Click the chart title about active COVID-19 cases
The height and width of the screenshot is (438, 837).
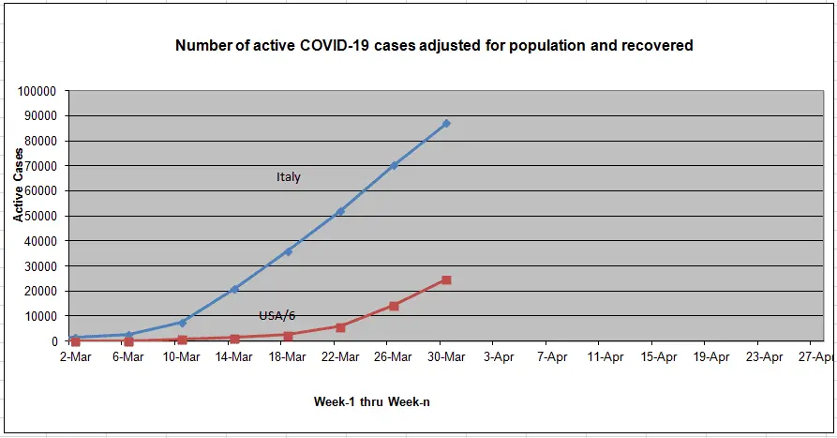coord(434,45)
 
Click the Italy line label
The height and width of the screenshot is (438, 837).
coord(289,177)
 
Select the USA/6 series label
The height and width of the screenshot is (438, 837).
coord(277,316)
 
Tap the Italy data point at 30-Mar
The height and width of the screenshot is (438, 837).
coord(446,124)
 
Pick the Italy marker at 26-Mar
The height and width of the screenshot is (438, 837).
coord(394,166)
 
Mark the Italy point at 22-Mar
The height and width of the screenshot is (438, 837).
coord(340,212)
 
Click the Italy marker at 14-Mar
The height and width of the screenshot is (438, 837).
coord(234,289)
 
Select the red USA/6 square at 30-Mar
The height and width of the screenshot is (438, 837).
coord(446,279)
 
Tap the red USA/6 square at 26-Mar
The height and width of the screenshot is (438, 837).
coord(394,306)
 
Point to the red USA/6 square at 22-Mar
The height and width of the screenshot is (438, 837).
coord(340,327)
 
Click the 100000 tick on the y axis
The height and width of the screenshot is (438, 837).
coord(37,91)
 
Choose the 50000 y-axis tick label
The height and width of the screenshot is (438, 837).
coord(40,217)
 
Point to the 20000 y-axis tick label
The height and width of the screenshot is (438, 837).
coord(40,291)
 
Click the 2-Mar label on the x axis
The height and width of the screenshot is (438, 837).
coord(75,356)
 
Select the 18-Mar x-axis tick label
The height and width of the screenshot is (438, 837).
coord(287,356)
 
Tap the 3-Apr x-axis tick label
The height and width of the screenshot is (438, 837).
coord(499,356)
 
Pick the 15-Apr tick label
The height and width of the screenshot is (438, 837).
coord(658,356)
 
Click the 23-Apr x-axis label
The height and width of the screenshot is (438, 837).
coord(765,356)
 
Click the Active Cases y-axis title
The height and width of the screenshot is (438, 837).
coord(18,185)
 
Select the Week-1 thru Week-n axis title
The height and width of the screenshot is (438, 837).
coord(371,401)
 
